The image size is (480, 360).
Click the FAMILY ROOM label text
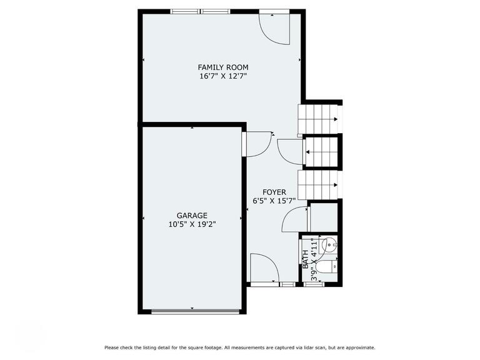coord(223,67)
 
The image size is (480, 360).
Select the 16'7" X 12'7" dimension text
coord(223,76)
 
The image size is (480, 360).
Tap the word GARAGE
coord(192,215)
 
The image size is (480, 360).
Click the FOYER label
coord(274,192)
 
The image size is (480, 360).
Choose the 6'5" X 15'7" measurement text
coord(274,201)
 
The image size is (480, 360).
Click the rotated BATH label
coord(306,259)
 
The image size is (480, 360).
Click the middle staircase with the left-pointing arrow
coord(321,151)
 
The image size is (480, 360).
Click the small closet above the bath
coord(324,217)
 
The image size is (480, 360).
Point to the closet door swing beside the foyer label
coord(295,219)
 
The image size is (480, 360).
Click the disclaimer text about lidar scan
coord(239,347)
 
